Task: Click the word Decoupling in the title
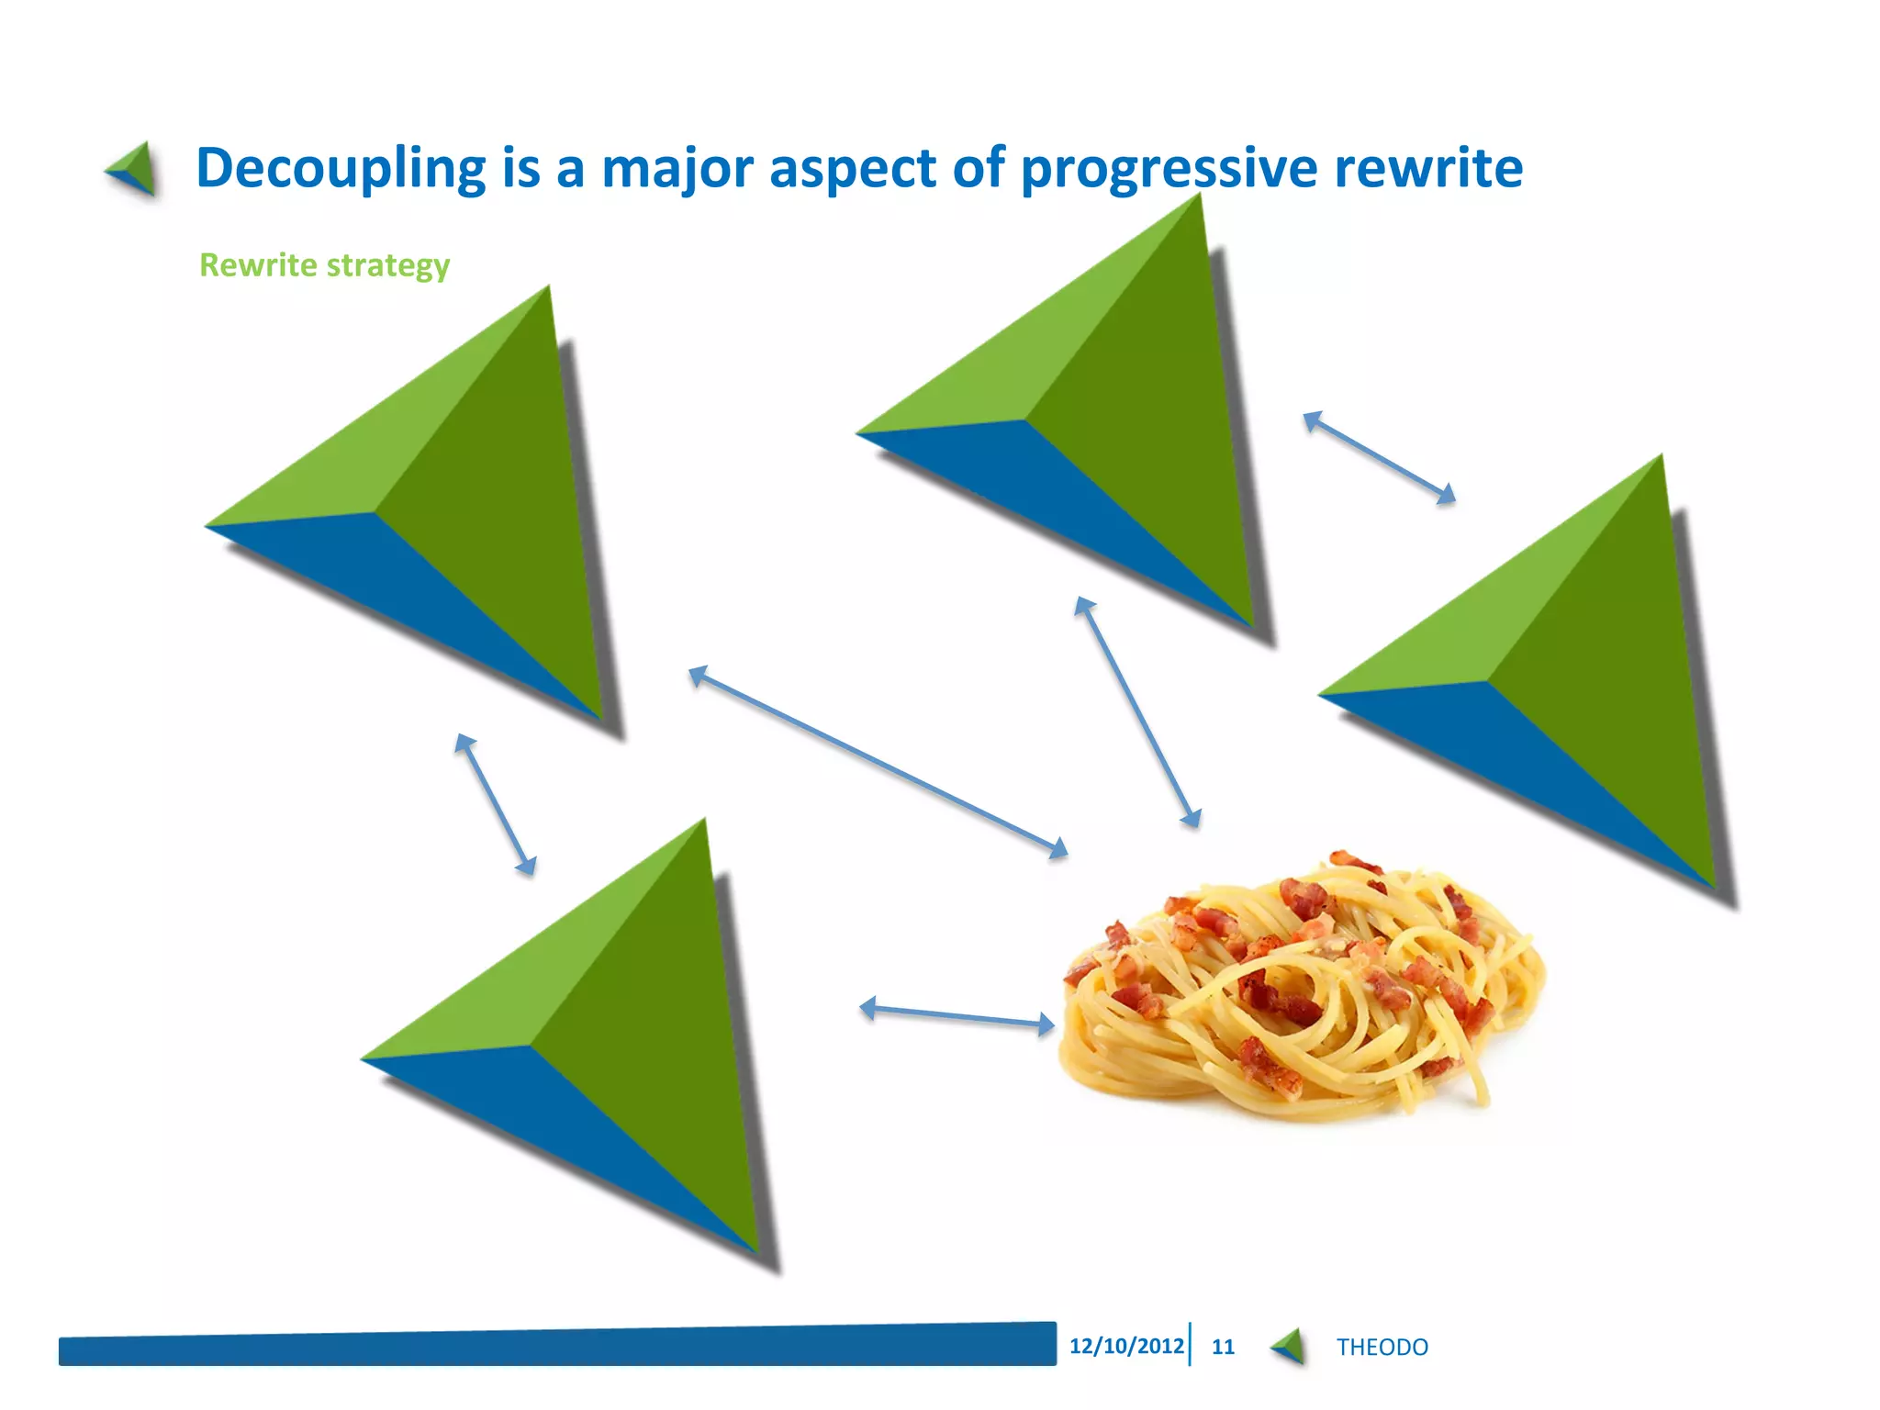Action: tap(340, 169)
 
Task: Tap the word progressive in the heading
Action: tap(1169, 169)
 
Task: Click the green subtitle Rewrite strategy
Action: tap(324, 265)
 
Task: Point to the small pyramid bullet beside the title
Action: tap(133, 169)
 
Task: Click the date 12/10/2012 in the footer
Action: tap(1125, 1346)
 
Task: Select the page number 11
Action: tap(1223, 1347)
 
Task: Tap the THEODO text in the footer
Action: tap(1382, 1347)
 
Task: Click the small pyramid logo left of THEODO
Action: tap(1290, 1347)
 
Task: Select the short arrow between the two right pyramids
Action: tap(1379, 457)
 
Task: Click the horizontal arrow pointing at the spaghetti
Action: tap(957, 1015)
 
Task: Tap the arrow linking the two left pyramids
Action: tap(495, 803)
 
